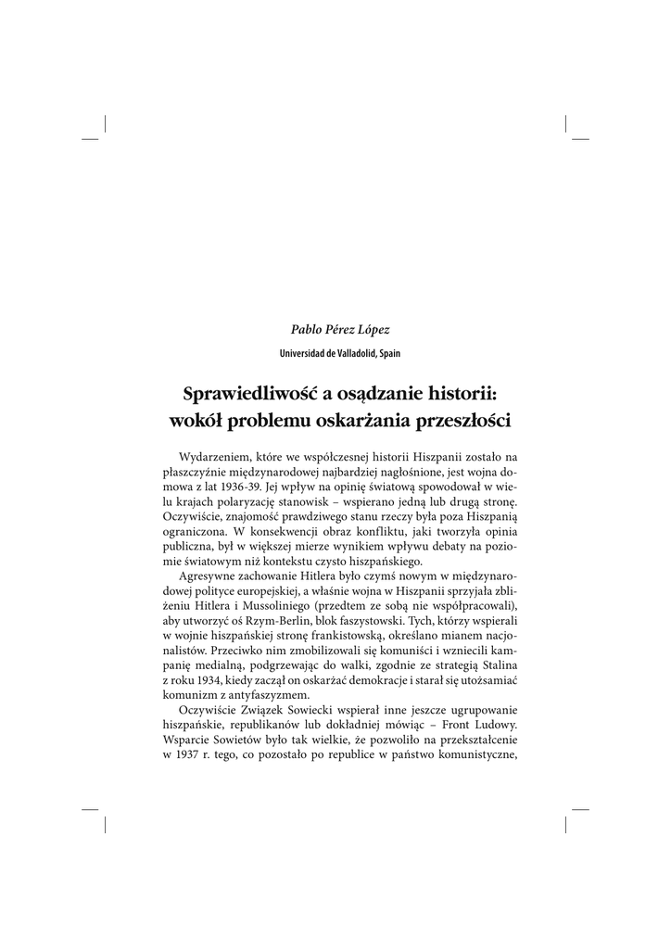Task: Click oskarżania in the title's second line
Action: [363, 419]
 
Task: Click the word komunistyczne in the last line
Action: [463, 753]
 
